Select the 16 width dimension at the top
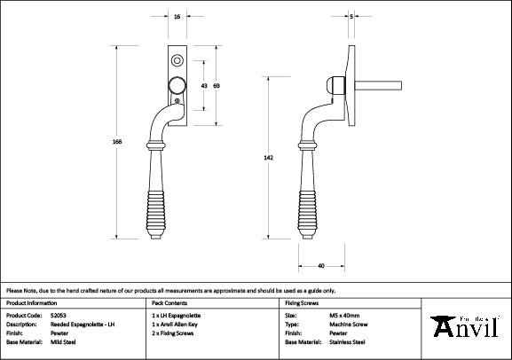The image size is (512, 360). (x=177, y=17)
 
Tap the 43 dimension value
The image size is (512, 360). (x=203, y=85)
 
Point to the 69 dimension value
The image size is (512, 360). (x=217, y=85)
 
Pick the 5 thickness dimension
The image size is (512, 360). (x=353, y=17)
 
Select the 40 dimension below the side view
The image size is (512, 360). (x=319, y=265)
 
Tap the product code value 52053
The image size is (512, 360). (x=58, y=315)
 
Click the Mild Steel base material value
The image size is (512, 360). (x=62, y=341)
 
